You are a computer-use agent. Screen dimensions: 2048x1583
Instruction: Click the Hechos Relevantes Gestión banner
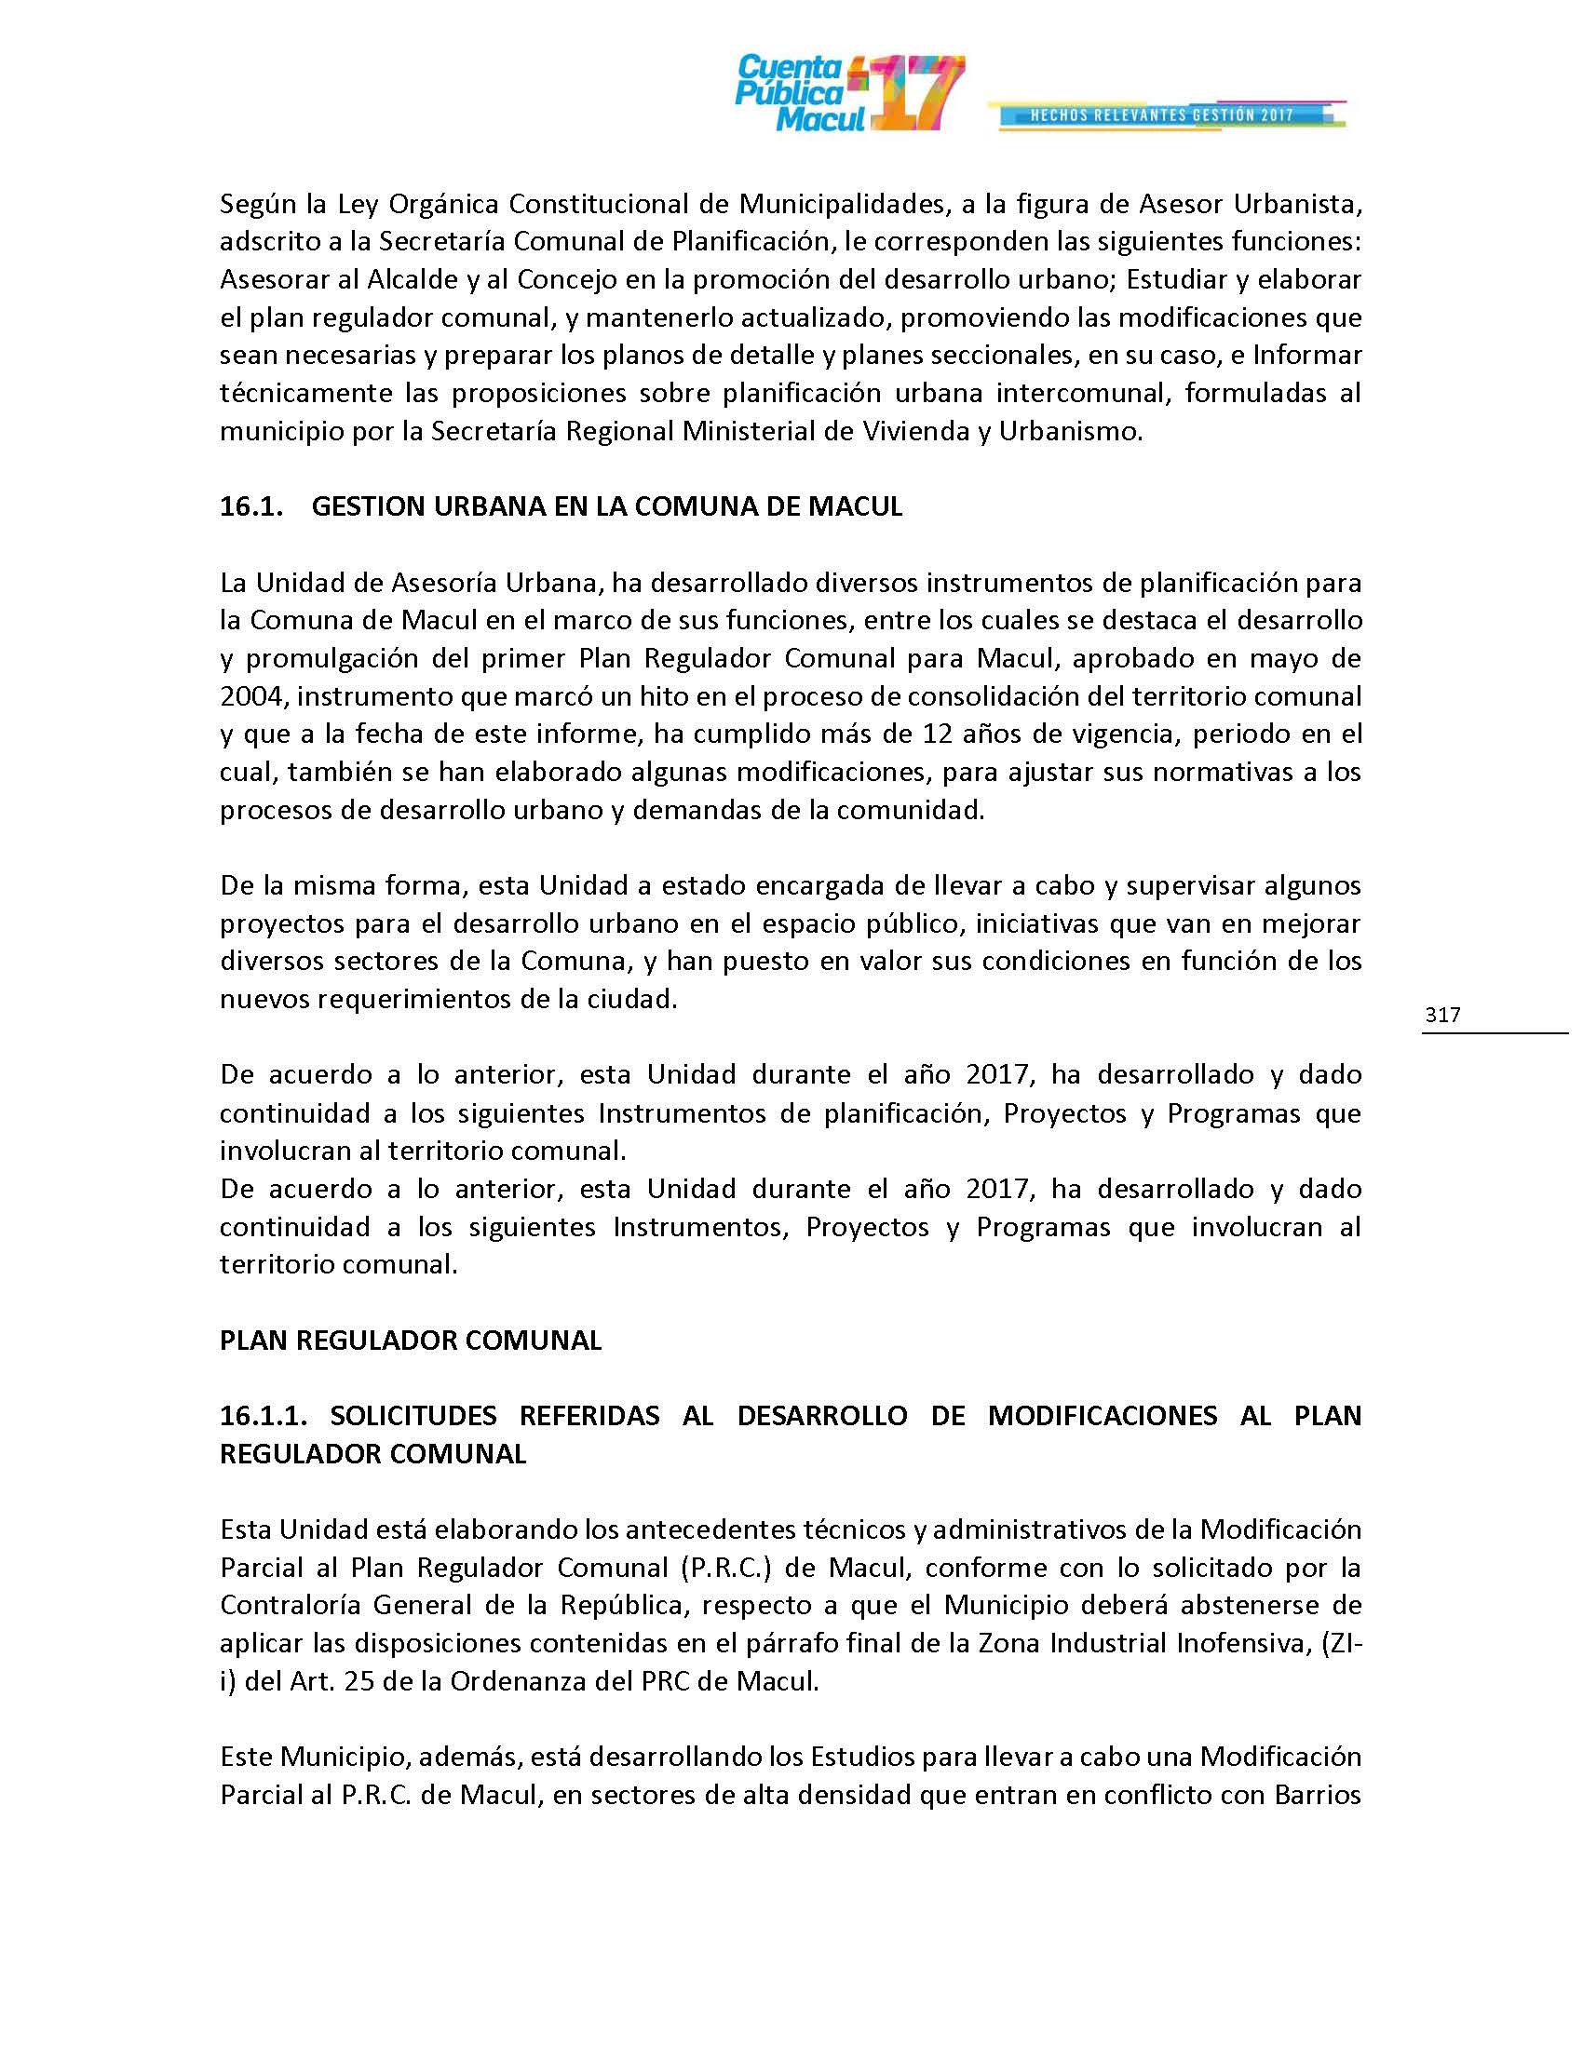(1162, 115)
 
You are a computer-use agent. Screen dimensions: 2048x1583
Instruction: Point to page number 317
(1442, 1014)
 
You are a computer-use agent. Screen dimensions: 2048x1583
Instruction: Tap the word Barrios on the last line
(1317, 1795)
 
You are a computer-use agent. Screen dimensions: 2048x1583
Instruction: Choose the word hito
(692, 695)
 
